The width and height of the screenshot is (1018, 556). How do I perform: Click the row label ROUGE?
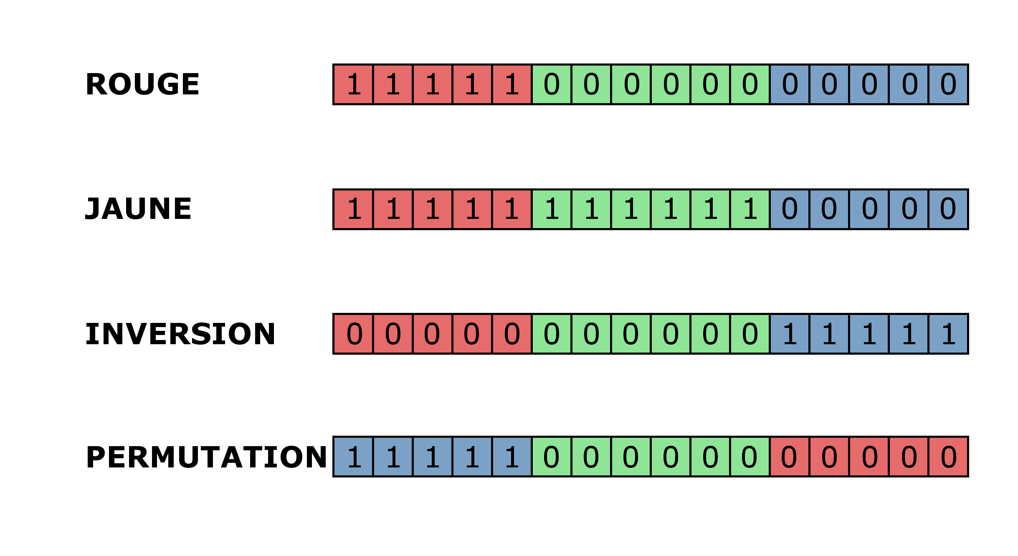click(x=142, y=84)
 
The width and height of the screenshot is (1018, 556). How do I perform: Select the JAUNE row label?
click(x=138, y=209)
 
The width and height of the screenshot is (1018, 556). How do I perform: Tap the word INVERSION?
click(x=180, y=334)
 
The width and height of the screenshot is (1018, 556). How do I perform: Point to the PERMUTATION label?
click(x=206, y=457)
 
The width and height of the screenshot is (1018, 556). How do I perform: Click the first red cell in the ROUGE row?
click(x=353, y=84)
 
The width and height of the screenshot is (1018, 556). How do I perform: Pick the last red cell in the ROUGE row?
click(x=512, y=84)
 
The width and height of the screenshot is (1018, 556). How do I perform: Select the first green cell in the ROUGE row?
click(x=552, y=84)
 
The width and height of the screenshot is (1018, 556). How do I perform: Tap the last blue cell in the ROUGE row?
click(x=948, y=84)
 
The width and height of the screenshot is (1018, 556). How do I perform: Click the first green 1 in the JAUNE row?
click(x=552, y=209)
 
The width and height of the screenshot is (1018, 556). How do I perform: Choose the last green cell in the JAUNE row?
click(x=750, y=209)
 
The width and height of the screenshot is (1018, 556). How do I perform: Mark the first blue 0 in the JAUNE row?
click(x=790, y=209)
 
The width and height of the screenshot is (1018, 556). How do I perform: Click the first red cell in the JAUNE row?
click(x=353, y=209)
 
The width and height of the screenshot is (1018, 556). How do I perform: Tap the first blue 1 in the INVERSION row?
click(x=790, y=334)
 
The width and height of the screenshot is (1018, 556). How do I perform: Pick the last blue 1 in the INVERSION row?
click(x=948, y=334)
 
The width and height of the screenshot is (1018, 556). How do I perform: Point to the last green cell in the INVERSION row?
click(x=750, y=334)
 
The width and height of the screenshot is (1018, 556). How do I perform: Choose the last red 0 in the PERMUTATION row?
click(x=948, y=457)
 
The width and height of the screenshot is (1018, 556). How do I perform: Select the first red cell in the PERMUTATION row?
click(x=790, y=457)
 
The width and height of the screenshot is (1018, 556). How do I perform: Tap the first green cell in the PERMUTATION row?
click(x=552, y=457)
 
